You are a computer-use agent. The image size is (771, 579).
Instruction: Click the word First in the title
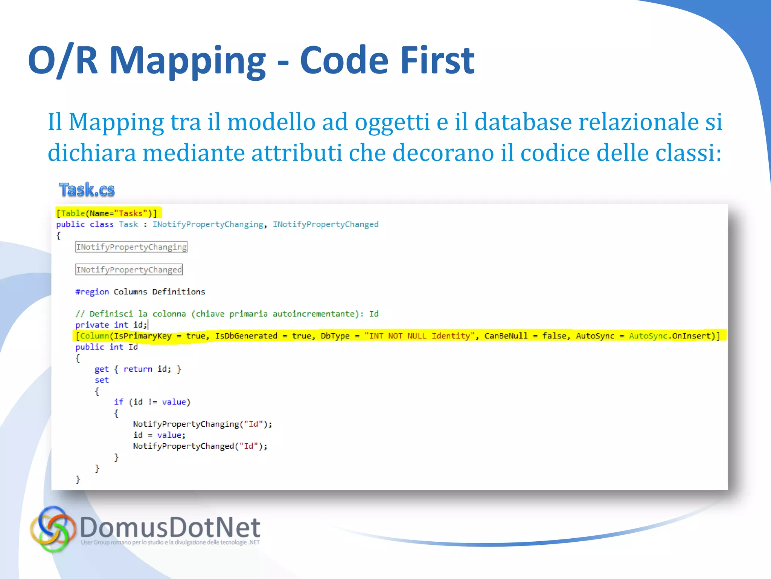(437, 60)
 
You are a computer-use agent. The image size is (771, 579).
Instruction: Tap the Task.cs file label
(87, 190)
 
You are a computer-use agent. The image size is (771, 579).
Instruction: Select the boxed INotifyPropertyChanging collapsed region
(131, 247)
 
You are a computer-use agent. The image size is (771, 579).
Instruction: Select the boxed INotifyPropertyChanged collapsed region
(129, 270)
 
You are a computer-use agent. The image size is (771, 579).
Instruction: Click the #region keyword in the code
(92, 292)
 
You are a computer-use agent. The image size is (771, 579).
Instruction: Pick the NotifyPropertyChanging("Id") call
(202, 424)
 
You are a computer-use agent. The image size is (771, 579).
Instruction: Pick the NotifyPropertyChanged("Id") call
(200, 446)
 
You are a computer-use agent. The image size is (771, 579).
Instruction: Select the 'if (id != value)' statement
(152, 402)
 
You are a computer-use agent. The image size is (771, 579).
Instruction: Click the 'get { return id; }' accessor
(138, 369)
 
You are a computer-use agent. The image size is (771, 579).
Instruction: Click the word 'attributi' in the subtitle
(297, 153)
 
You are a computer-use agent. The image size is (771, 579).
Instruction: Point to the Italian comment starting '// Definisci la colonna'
(227, 314)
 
